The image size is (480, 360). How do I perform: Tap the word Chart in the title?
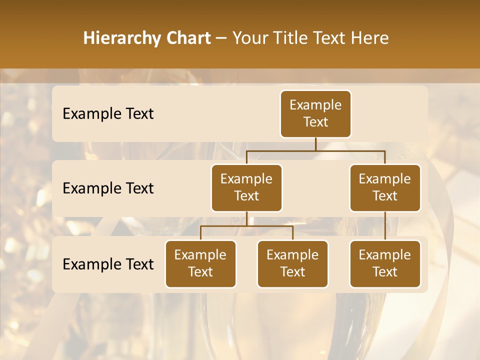pyautogui.click(x=187, y=38)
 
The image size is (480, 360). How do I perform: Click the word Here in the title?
pyautogui.click(x=369, y=38)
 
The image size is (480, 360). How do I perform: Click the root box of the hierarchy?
pyautogui.click(x=315, y=114)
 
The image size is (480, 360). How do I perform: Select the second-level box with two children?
pyautogui.click(x=246, y=188)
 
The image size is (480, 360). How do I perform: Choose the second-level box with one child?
pyautogui.click(x=385, y=188)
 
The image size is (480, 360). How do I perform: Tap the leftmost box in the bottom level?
pyautogui.click(x=200, y=264)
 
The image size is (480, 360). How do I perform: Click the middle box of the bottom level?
pyautogui.click(x=292, y=264)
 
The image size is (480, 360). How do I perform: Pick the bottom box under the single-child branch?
pyautogui.click(x=385, y=264)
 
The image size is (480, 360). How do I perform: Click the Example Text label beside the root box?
pyautogui.click(x=108, y=114)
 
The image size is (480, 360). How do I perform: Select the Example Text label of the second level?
pyautogui.click(x=108, y=188)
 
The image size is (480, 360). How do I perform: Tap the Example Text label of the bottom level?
pyautogui.click(x=108, y=264)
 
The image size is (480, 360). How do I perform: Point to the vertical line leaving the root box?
pyautogui.click(x=315, y=144)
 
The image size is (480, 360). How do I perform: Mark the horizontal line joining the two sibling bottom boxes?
pyautogui.click(x=246, y=226)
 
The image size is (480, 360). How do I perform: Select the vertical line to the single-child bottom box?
pyautogui.click(x=385, y=226)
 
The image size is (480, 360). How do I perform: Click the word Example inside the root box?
pyautogui.click(x=315, y=105)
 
